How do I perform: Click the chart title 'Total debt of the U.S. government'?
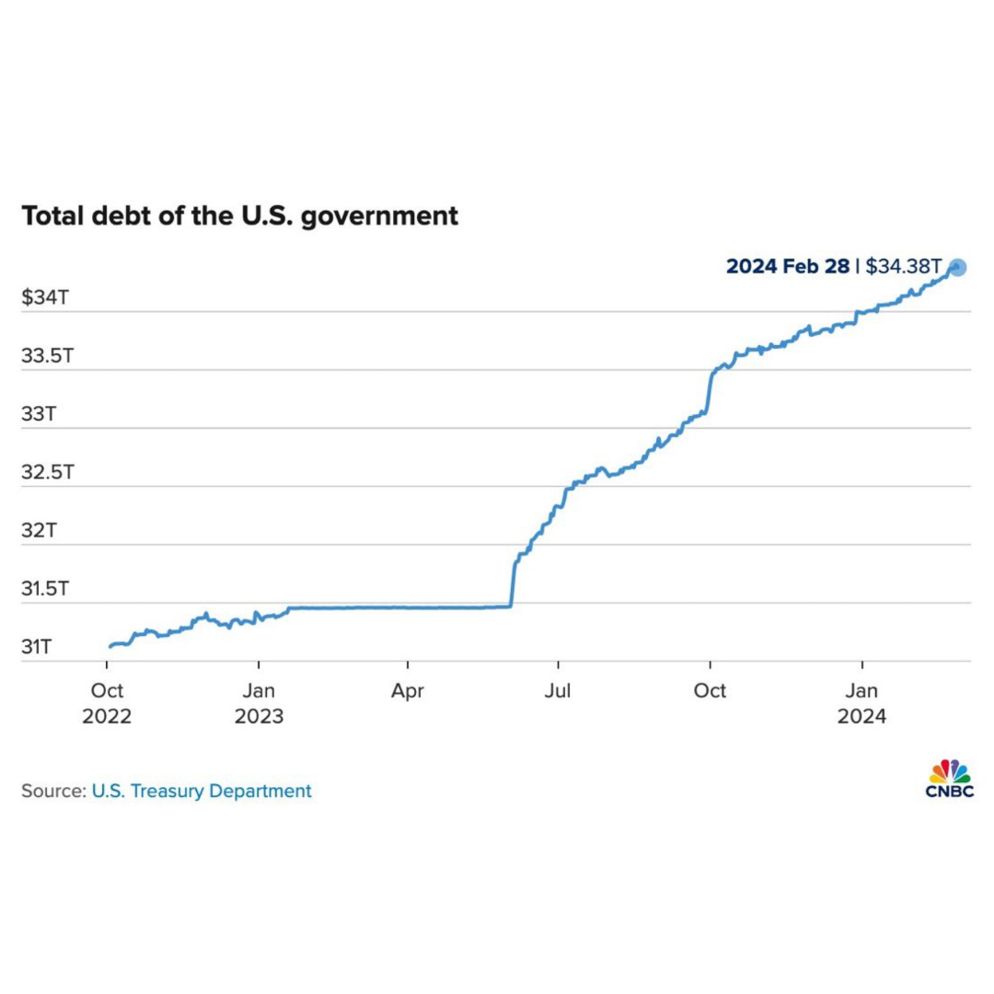239,216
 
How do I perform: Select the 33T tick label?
39,414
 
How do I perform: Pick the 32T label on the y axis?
39,531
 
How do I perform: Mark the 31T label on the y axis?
38,647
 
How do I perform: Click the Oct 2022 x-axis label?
107,703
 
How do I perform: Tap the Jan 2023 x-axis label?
259,703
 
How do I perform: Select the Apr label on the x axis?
408,691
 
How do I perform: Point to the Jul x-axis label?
557,691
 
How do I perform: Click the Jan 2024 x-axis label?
861,703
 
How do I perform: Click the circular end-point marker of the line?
957,268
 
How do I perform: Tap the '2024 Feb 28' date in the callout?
787,267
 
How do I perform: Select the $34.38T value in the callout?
903,267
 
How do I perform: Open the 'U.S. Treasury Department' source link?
202,791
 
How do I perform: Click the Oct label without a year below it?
710,691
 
